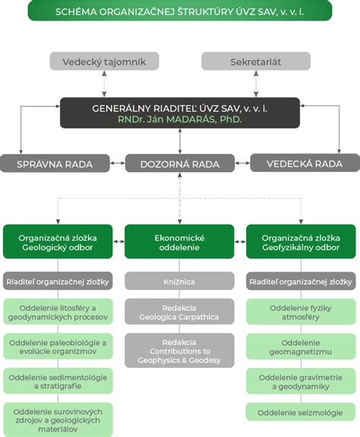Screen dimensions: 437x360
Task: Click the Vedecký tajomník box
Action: [104, 61]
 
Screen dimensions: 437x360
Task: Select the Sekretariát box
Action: [255, 61]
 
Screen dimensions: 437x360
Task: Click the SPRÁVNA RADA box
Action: [54, 162]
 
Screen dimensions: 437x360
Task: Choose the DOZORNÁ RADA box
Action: [180, 162]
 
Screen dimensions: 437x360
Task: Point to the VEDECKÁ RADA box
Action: [304, 162]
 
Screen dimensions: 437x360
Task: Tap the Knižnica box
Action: [180, 281]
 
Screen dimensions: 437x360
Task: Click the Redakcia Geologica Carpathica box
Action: [180, 313]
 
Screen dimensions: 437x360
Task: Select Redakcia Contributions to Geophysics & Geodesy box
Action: [180, 350]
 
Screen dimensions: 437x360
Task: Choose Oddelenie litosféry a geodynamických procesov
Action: [58, 313]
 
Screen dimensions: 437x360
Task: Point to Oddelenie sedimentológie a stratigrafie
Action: [58, 381]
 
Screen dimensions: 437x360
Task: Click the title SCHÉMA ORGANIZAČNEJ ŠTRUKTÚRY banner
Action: [180, 11]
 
